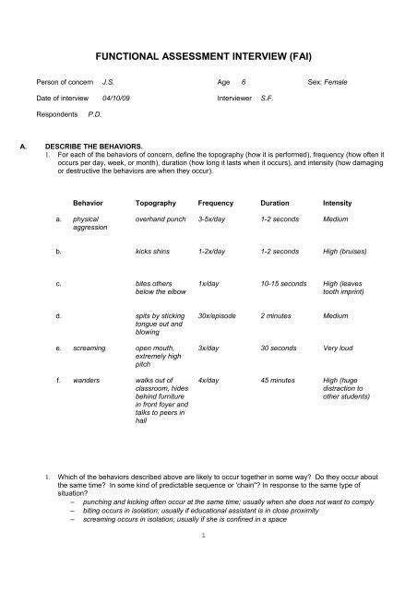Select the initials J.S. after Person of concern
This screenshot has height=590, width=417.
107,82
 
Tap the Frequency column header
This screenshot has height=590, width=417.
216,201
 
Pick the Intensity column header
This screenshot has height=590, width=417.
338,201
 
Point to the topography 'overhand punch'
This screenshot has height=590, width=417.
161,218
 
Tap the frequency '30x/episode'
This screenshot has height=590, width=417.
218,315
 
